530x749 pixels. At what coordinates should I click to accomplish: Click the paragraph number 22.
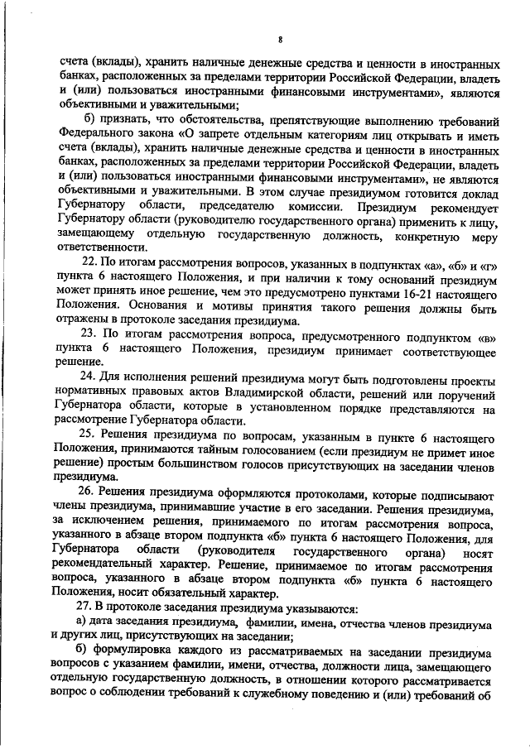pyautogui.click(x=85, y=262)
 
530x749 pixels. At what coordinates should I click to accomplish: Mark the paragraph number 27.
pyautogui.click(x=85, y=606)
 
